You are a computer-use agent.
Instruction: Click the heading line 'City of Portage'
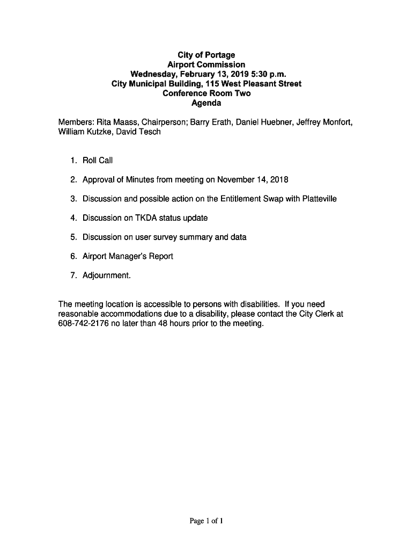[x=206, y=55]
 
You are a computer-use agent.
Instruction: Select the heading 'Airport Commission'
[x=206, y=64]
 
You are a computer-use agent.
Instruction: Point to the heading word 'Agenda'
[x=206, y=103]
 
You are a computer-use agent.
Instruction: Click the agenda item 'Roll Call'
[x=98, y=160]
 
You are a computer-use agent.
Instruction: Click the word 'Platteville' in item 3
[x=320, y=199]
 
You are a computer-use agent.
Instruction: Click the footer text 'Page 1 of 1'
[x=206, y=521]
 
